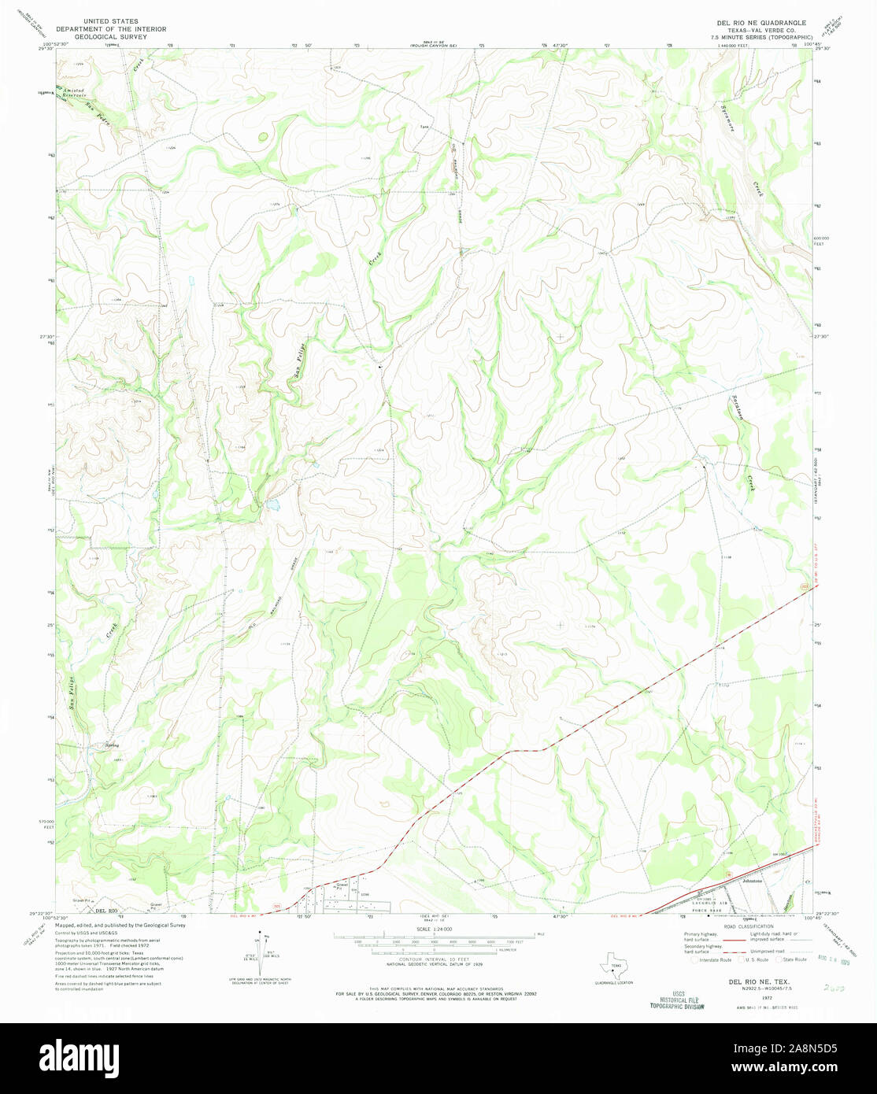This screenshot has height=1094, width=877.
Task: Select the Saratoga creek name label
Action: click(738, 412)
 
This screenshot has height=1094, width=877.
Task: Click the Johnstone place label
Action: click(753, 882)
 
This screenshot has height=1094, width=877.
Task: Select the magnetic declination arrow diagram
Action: click(264, 949)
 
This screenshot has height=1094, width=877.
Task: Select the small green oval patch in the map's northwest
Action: click(262, 137)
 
